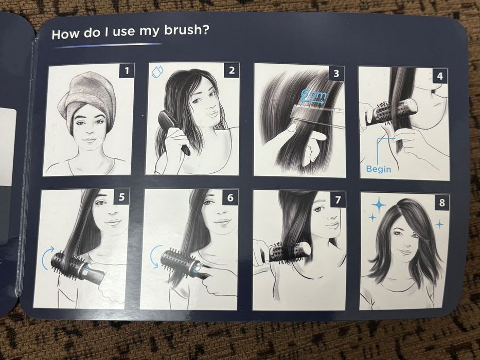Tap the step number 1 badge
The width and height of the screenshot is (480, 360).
point(127,71)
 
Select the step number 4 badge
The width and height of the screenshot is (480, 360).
point(440,76)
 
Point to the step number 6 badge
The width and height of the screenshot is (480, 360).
point(230,197)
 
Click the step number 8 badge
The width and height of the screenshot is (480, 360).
point(442,202)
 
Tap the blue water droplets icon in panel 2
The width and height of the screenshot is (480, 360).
point(157,71)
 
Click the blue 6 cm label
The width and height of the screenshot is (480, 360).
point(313,95)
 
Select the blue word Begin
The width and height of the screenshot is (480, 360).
point(378,169)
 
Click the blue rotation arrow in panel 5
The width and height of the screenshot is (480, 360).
point(48,258)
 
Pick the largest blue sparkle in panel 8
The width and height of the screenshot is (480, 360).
point(379,205)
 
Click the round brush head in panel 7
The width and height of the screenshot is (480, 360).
point(289,251)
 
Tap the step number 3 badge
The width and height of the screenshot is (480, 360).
point(336,74)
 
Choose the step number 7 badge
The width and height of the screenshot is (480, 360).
point(337,200)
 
